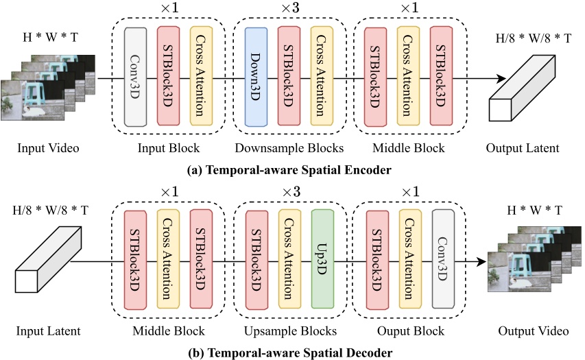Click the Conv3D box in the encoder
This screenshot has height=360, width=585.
(x=136, y=76)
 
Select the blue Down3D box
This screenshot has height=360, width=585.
(x=254, y=76)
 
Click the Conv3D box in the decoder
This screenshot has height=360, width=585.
(x=444, y=260)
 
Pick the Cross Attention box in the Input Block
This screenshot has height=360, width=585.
(x=202, y=76)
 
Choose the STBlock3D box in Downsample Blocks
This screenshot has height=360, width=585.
(x=288, y=76)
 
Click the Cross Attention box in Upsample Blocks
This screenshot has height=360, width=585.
(x=289, y=260)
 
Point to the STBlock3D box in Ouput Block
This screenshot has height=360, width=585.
(x=377, y=260)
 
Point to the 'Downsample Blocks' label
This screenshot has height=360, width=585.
(x=288, y=148)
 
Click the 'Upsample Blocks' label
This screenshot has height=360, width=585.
(x=289, y=331)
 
